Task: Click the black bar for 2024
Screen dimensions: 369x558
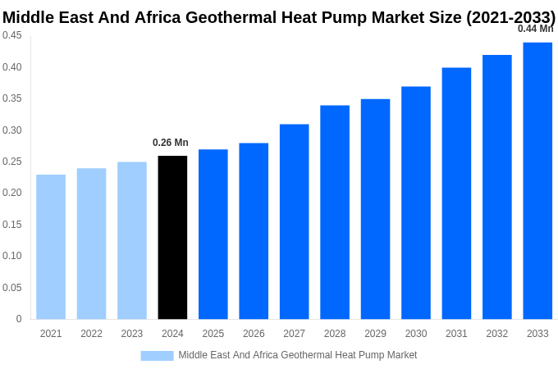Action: coord(172,238)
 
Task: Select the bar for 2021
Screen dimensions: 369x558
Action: coord(51,247)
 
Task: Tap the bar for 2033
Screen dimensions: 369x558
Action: coord(537,180)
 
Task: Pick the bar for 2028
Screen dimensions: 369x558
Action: coord(335,212)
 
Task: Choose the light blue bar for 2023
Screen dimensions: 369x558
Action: coord(132,240)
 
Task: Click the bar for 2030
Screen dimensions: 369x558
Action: coord(416,203)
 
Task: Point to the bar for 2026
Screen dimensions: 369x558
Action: coord(254,231)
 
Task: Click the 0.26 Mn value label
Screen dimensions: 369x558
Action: coord(171,143)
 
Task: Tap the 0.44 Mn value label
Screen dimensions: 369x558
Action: coord(535,29)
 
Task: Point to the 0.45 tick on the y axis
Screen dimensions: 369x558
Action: coord(12,35)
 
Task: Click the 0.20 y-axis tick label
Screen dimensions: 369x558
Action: coord(12,193)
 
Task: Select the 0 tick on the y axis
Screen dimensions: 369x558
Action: coord(19,319)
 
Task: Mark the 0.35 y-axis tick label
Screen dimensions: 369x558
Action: coord(12,98)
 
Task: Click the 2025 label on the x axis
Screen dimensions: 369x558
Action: coord(213,334)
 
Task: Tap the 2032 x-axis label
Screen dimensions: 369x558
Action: coord(497,334)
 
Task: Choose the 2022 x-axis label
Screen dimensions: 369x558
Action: coord(91,334)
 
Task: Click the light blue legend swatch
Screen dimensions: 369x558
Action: coord(157,355)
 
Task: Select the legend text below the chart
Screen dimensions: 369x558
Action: coord(298,355)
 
